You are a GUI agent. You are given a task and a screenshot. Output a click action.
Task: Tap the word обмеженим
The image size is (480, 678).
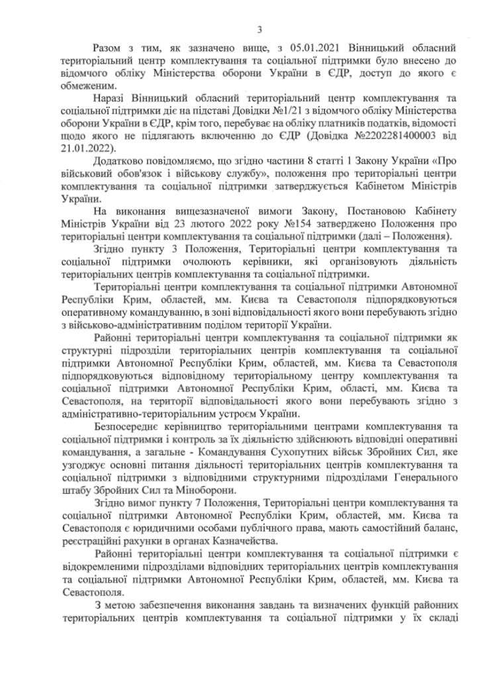(85, 85)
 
